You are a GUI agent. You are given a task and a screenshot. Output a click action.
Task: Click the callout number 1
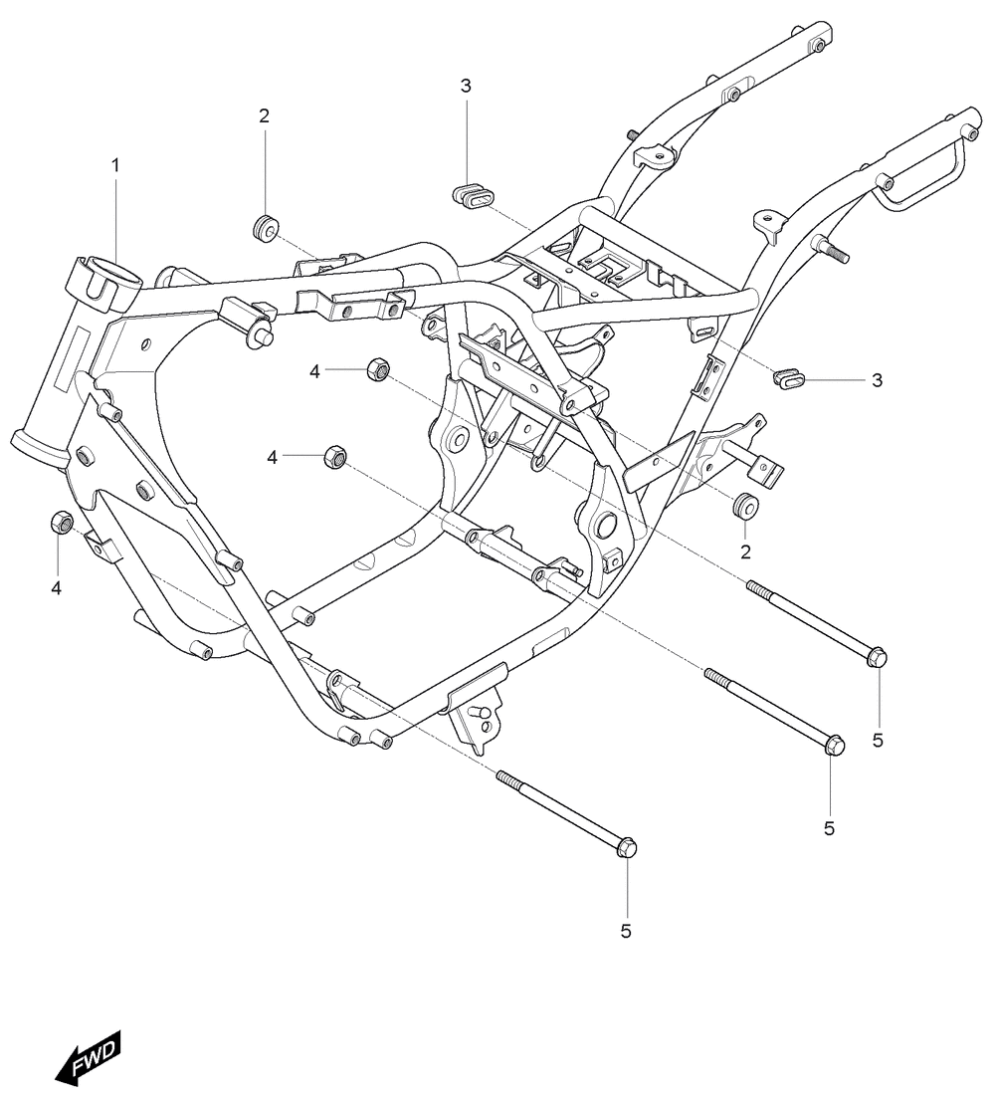click(115, 165)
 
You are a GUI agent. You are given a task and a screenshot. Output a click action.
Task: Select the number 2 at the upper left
click(264, 115)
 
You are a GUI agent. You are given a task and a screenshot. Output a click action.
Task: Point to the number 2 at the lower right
click(745, 552)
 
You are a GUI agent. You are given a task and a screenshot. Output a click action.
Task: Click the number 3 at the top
click(466, 86)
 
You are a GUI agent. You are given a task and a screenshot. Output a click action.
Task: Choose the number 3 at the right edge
click(877, 380)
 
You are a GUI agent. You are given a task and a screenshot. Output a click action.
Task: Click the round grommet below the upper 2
click(266, 228)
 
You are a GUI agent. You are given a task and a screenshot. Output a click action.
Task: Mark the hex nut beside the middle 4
click(335, 457)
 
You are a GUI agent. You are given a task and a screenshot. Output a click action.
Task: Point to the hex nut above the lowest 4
click(62, 522)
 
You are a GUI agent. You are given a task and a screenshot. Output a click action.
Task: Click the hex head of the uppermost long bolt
click(877, 657)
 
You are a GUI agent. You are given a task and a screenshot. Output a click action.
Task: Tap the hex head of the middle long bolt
click(834, 745)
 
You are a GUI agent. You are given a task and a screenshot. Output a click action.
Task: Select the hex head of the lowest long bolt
click(626, 847)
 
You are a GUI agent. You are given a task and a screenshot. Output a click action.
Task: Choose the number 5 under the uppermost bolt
click(878, 740)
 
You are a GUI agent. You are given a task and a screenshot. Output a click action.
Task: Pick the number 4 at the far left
click(56, 588)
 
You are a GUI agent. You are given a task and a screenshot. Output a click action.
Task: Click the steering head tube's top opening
click(113, 272)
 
